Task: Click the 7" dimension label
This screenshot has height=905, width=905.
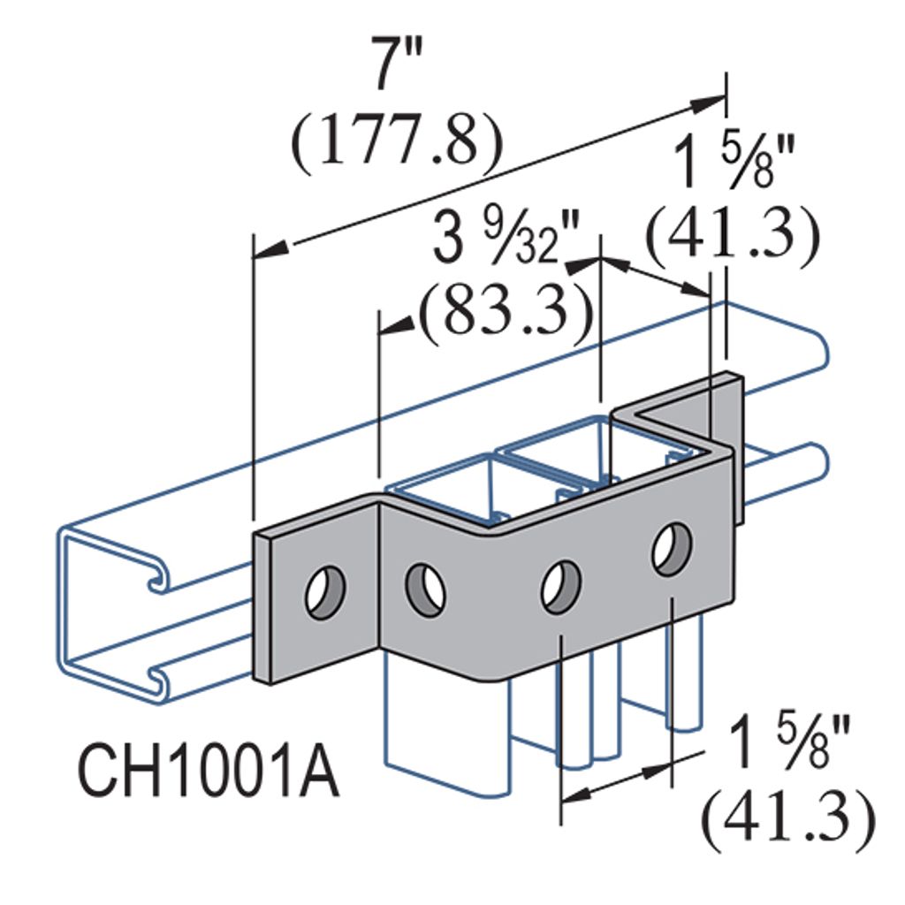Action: coord(396,63)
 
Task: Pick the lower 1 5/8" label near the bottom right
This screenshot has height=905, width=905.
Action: coord(789,744)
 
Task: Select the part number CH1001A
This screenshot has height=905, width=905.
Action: coord(209,772)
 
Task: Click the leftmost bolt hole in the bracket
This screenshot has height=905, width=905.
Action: coord(325,593)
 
